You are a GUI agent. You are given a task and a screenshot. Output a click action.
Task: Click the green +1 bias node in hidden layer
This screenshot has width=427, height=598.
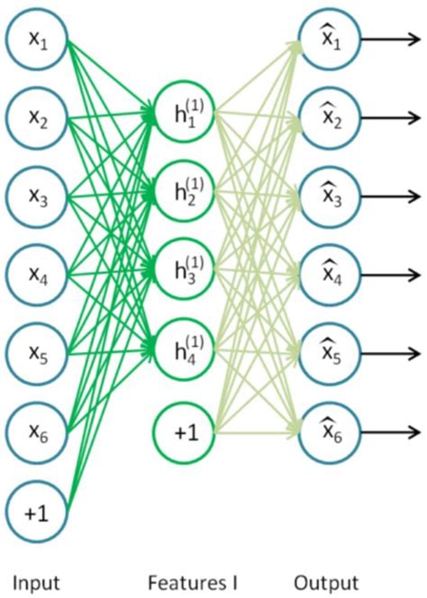click(184, 431)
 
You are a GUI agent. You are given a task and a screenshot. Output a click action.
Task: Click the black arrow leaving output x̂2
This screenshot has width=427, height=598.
click(389, 118)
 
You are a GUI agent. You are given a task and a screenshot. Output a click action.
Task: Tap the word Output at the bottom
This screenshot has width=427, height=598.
click(328, 582)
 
